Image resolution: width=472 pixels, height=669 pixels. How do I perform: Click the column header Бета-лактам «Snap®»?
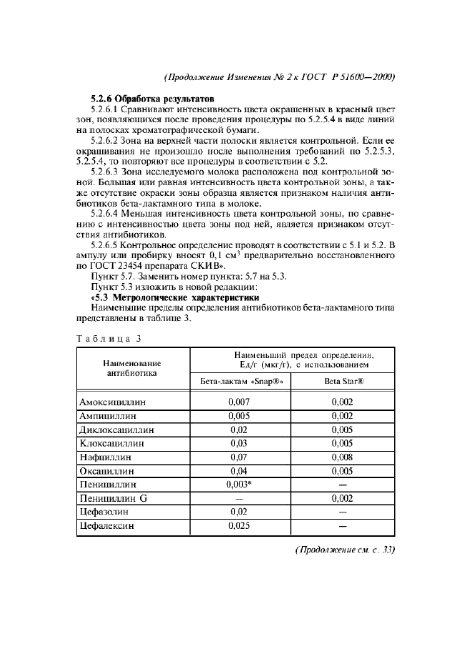point(239,381)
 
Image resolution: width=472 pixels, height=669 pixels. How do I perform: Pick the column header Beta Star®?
point(343,381)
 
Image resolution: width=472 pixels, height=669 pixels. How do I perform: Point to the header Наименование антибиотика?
point(132,367)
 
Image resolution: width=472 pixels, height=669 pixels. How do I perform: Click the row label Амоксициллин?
point(113,402)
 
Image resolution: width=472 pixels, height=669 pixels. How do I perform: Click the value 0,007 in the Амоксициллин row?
point(239,402)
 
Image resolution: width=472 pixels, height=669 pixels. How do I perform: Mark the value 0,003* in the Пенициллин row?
point(241,484)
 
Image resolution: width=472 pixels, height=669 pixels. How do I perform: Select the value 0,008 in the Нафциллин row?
point(343,457)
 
